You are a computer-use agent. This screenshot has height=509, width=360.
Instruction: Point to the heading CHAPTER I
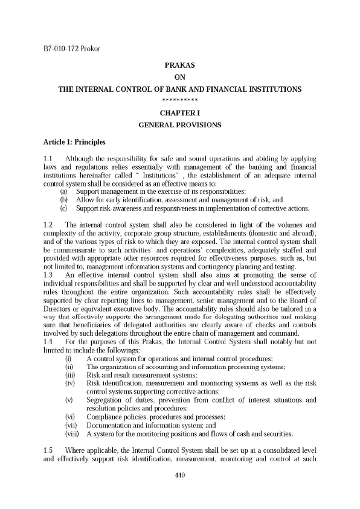(x=179, y=113)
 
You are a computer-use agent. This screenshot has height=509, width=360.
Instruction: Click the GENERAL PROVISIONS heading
(x=179, y=125)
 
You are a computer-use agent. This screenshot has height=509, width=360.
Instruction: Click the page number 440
(x=179, y=475)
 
